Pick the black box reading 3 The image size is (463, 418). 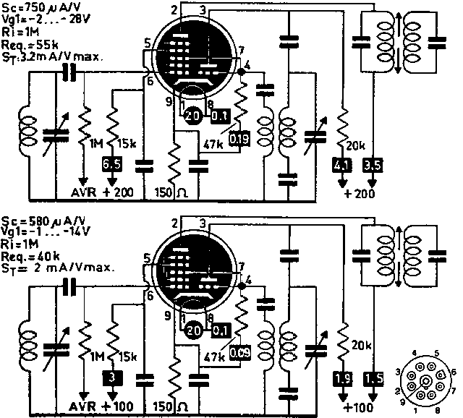pos(111,376)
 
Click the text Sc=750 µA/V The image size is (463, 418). pos(40,7)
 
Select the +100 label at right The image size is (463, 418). pos(360,407)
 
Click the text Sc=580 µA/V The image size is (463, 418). pos(40,221)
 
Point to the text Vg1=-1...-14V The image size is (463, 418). pos(43,232)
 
